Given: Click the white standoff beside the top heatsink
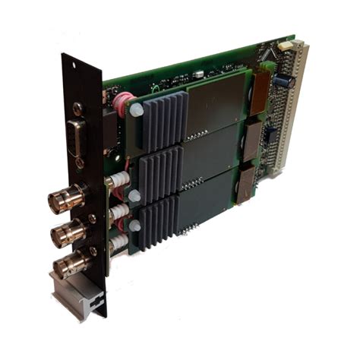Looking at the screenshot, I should [x=136, y=111].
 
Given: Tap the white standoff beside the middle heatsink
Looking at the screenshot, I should [x=134, y=196].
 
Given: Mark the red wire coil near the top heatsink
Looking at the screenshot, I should [x=124, y=103].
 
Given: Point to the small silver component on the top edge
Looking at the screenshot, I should [x=199, y=74].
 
